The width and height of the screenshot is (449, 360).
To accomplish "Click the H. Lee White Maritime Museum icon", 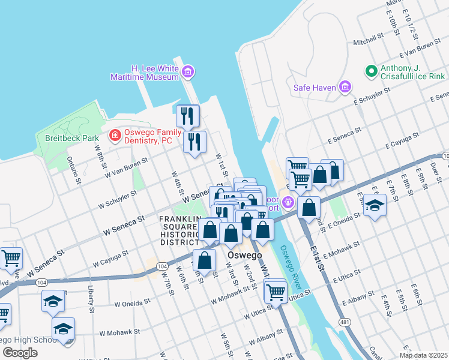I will coord(188,73).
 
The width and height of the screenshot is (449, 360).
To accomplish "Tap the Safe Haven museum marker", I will coord(345,88).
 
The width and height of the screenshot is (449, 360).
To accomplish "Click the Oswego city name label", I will coord(244,255).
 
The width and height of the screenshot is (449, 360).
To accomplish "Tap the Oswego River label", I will coord(291,260).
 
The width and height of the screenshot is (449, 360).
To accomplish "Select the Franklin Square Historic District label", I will coord(179,230).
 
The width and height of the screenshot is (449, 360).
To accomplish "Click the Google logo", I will coord(20,353).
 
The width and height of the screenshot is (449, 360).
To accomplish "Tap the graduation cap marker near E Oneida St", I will coord(375,206).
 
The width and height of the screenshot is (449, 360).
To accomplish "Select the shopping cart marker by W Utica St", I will coord(275,292).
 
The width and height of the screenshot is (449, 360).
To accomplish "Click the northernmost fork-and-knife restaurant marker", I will coord(187,115).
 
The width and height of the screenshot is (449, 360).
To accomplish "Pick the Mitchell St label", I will coord(368,42).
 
